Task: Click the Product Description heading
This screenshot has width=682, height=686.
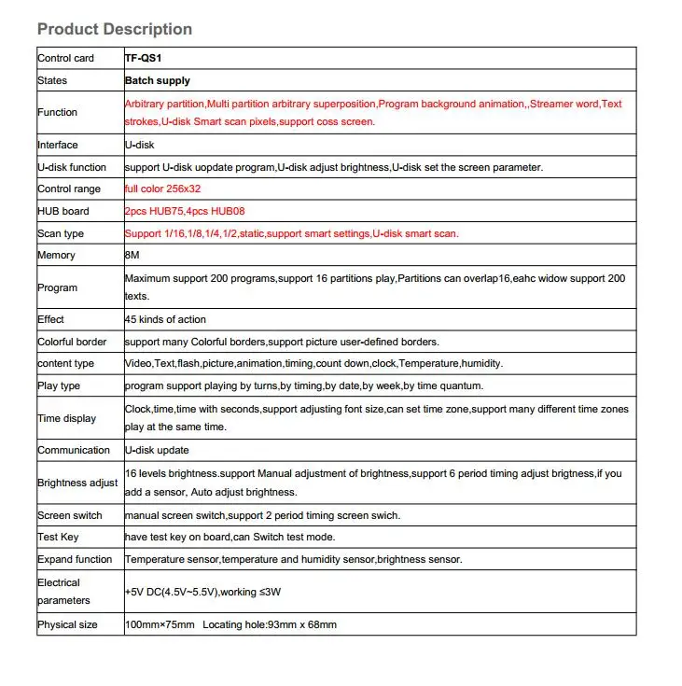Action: [x=115, y=30]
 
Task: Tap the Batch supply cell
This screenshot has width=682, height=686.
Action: [x=158, y=80]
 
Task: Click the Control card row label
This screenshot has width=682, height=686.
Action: [x=65, y=58]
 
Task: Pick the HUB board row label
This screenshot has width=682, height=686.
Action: [x=63, y=211]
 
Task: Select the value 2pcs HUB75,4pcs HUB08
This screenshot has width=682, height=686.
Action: [x=185, y=211]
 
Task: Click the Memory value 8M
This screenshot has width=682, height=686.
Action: [x=132, y=255]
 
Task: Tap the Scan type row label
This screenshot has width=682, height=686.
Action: [x=61, y=233]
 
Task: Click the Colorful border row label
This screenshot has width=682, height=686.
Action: [x=72, y=342]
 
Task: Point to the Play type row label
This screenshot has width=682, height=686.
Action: [x=59, y=385]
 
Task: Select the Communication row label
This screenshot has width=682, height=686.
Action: [x=74, y=450]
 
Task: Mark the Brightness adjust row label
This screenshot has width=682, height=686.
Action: [x=77, y=483]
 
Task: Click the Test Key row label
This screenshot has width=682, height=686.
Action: [x=58, y=537]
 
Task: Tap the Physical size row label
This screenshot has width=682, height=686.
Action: [x=67, y=624]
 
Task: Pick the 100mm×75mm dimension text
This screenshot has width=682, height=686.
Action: [x=160, y=624]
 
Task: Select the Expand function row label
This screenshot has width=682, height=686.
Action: [x=75, y=559]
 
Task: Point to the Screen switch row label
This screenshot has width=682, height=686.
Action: [x=70, y=515]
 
